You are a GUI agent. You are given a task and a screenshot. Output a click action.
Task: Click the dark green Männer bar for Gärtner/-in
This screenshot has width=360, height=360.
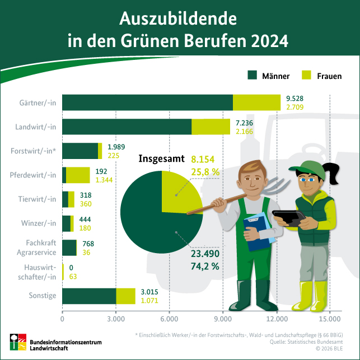[147, 102]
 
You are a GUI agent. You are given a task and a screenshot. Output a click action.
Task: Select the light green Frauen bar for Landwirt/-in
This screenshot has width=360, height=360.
[211, 127]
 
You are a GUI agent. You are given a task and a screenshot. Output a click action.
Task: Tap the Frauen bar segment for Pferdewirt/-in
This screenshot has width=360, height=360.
[78, 175]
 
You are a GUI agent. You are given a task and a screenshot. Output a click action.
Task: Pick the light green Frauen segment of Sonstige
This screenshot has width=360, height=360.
[125, 296]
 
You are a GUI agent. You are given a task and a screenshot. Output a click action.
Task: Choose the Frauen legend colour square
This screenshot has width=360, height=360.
[306, 75]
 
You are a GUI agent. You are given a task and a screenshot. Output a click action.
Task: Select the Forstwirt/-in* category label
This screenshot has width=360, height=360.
[34, 151]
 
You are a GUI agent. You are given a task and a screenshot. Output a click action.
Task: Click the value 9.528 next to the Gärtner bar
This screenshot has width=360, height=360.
[294, 98]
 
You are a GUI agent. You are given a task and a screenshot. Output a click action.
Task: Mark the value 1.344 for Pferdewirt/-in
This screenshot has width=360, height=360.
[105, 180]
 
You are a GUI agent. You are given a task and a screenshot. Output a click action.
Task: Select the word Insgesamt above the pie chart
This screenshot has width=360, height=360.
[161, 160]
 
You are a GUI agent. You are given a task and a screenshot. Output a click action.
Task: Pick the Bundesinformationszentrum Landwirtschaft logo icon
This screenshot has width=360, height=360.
[17, 342]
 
